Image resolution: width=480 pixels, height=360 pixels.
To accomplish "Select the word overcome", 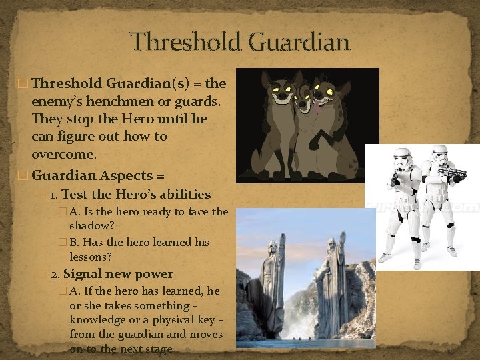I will click(63, 154).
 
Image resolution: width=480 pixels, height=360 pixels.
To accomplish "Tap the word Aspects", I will click(127, 175).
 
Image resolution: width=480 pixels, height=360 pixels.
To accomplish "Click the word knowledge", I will click(97, 320).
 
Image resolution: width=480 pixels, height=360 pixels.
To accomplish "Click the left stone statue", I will click(273, 287).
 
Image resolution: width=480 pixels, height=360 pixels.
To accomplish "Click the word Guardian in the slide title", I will click(298, 42).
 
